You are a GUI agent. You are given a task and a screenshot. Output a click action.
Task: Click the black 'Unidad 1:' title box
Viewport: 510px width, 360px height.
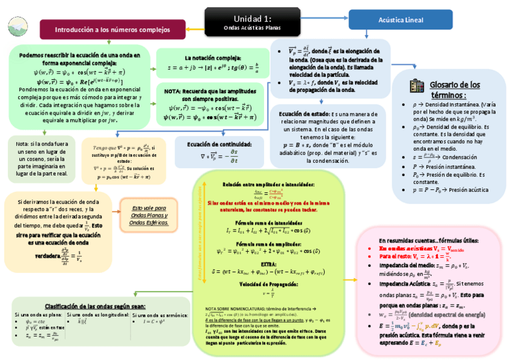[x=252, y=23]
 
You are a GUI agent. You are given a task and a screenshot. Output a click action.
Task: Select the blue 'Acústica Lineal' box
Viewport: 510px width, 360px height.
[x=401, y=20]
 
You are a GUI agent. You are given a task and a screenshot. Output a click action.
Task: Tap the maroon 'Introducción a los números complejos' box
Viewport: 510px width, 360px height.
[x=112, y=29]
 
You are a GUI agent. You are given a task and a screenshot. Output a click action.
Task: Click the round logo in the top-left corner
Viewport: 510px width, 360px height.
[x=17, y=25]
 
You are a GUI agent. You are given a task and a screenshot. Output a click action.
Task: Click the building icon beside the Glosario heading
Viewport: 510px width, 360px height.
[x=417, y=85]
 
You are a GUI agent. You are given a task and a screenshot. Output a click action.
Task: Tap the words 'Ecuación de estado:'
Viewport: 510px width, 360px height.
[x=304, y=114]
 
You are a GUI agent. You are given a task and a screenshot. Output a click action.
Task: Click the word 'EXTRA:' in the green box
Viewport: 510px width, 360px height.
[x=268, y=263]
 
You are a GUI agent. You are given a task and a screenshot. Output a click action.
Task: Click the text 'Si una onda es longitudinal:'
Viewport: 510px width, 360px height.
[x=98, y=314]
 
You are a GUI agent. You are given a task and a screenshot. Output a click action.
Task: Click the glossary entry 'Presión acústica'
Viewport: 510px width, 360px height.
[x=450, y=189]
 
